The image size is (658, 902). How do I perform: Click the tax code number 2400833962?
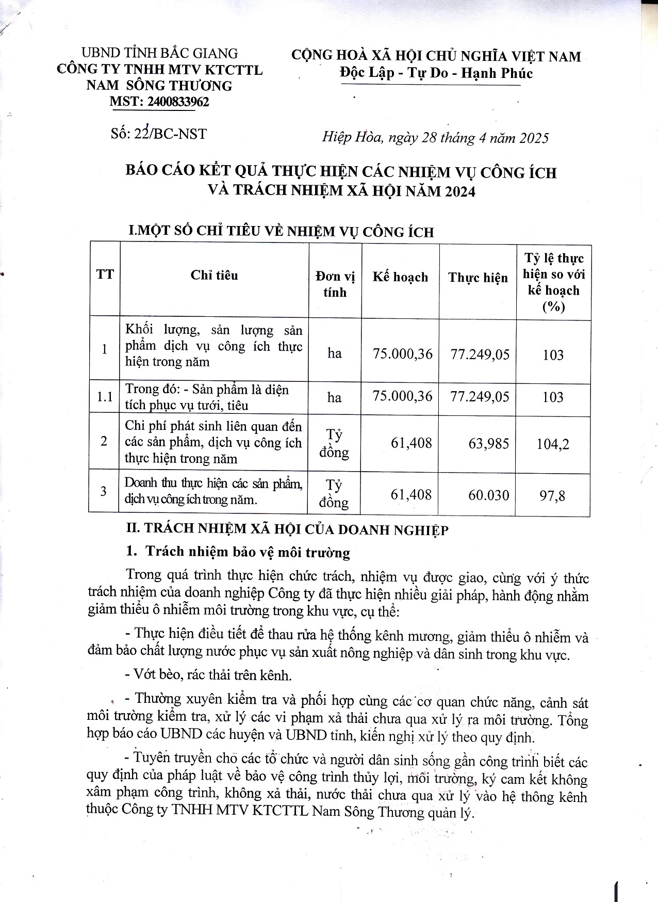[x=178, y=102]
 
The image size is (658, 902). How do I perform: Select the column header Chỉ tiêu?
[x=214, y=275]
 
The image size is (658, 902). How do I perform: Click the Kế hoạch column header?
[x=400, y=277]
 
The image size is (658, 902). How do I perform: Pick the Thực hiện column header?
[x=478, y=278]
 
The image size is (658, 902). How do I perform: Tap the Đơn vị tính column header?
[x=335, y=284]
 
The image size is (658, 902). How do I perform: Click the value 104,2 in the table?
[x=553, y=444]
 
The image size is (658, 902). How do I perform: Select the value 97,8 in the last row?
[x=552, y=496]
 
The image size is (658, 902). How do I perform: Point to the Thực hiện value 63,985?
[x=488, y=443]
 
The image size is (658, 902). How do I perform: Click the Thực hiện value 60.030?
[x=488, y=495]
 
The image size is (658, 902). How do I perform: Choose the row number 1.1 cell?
[x=104, y=397]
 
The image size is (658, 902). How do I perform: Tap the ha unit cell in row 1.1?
[x=334, y=397]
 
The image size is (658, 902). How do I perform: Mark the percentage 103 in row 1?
[x=553, y=355]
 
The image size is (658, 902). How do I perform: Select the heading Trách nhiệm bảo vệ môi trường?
[x=248, y=552]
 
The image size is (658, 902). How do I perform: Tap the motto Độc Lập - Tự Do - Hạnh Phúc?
[x=436, y=73]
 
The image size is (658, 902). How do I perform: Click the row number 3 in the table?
[x=104, y=491]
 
